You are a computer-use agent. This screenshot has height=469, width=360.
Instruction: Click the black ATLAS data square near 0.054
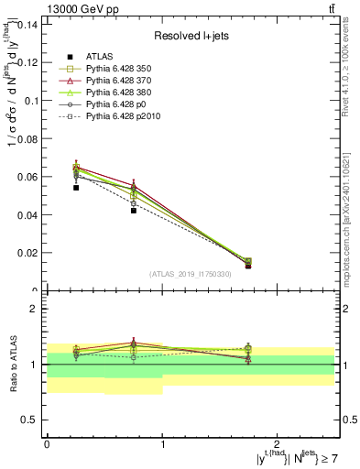(50, 187)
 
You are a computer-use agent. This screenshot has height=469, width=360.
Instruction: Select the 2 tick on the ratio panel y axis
(36, 310)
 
